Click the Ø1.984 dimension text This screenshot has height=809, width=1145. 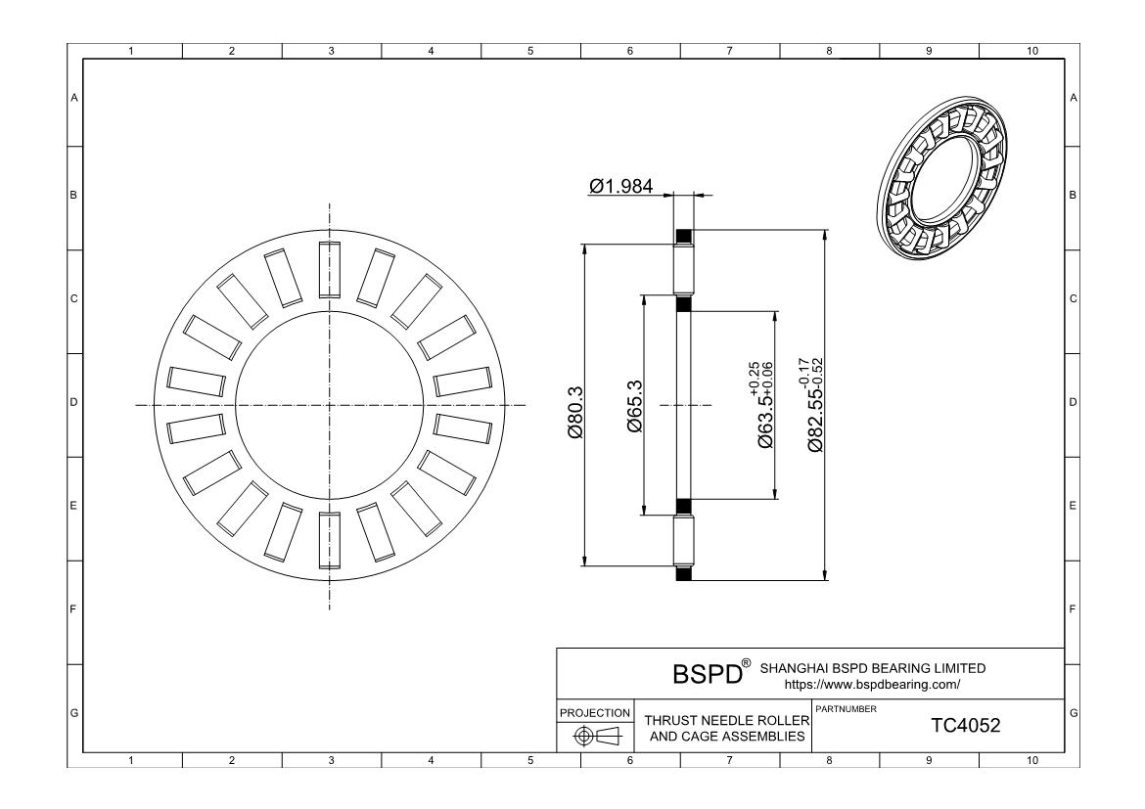point(620,186)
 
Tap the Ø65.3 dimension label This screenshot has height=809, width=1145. point(634,407)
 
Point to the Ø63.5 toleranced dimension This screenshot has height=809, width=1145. point(762,404)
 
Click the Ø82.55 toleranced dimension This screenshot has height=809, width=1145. point(813,405)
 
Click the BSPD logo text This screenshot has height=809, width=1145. point(707,674)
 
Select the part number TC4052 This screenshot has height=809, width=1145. point(965,726)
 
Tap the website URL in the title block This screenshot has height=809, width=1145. point(872,685)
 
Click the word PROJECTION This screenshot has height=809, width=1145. point(594,713)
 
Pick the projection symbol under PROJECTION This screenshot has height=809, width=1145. point(595,737)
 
